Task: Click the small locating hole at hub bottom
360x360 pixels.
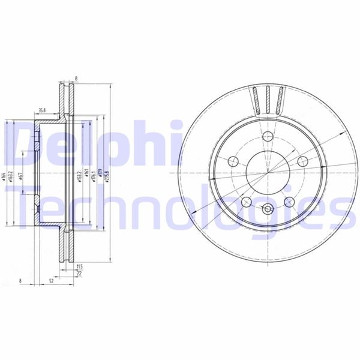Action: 267,210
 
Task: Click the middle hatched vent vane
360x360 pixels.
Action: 268,99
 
